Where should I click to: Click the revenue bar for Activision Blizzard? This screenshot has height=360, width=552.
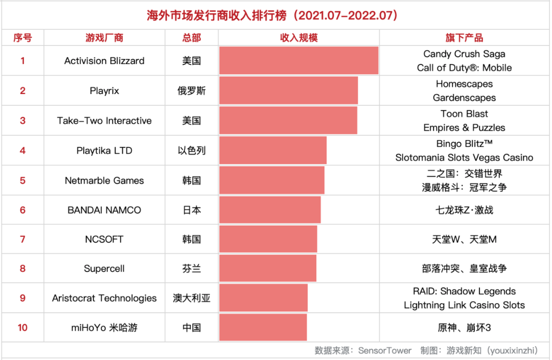tap(298, 61)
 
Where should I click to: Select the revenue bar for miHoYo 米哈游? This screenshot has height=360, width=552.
tap(263, 328)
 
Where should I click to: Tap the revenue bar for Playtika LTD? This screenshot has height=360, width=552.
tap(272, 150)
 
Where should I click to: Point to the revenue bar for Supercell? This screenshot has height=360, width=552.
tap(267, 268)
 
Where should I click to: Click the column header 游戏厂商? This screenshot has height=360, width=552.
tap(104, 38)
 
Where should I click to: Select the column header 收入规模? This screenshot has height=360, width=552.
tap(298, 38)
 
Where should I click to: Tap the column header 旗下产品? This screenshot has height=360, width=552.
tap(464, 38)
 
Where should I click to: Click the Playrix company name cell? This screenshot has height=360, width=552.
tap(104, 91)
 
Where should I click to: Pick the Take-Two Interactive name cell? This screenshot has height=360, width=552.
tap(104, 121)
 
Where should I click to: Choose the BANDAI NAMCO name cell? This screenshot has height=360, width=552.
tap(104, 210)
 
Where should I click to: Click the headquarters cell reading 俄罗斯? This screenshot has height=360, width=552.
tap(192, 91)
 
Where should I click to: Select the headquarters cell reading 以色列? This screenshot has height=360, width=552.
tap(192, 150)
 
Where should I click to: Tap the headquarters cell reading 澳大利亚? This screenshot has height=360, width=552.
tap(192, 298)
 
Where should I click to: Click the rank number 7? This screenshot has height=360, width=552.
tap(22, 239)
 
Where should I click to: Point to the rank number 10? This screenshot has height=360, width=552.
tap(22, 328)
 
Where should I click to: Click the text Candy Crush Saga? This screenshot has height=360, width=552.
tap(464, 54)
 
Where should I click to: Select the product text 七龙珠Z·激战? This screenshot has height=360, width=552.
tap(464, 210)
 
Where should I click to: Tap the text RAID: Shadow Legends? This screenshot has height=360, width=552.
tap(464, 291)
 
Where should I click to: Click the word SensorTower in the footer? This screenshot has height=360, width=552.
tap(384, 351)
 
